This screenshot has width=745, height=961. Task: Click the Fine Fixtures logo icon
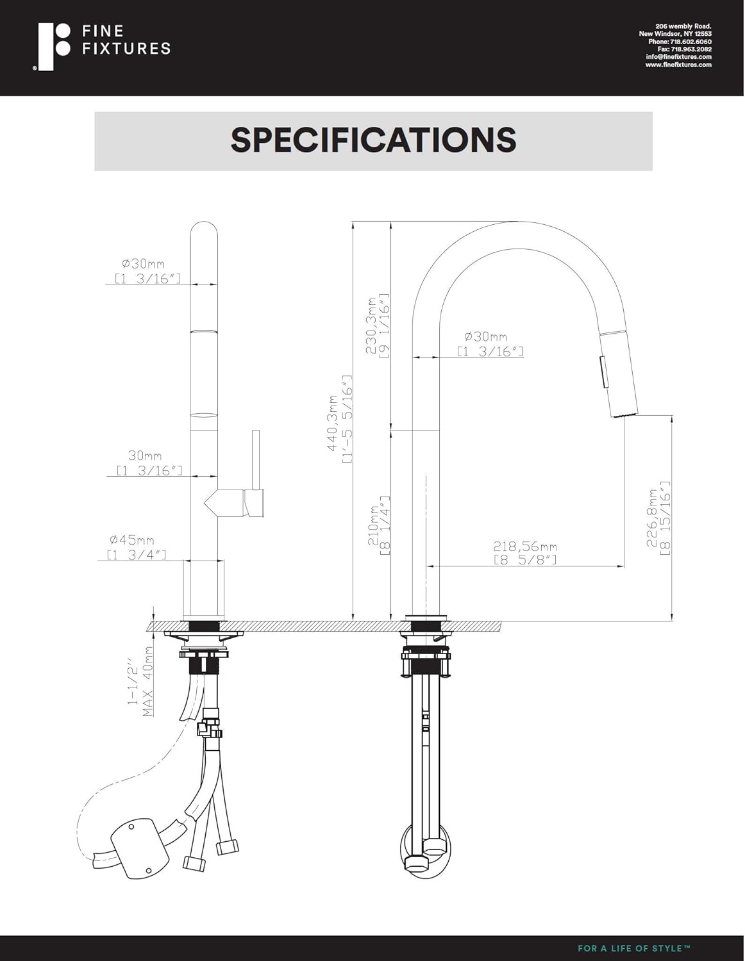[x=53, y=47]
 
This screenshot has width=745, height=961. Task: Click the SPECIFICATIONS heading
[x=373, y=140]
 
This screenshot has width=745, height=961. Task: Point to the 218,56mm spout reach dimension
[x=524, y=552]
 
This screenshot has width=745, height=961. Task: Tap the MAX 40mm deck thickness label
[x=141, y=680]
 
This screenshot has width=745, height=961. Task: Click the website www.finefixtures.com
[x=678, y=65]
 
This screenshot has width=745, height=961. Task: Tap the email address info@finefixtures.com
[x=678, y=57]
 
